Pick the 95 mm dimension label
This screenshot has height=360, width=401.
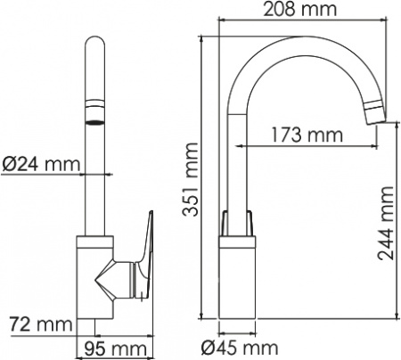pyautogui.click(x=115, y=347)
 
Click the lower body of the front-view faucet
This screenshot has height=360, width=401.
pyautogui.click(x=94, y=281)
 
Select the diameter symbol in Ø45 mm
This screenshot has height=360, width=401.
pyautogui.click(x=209, y=346)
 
